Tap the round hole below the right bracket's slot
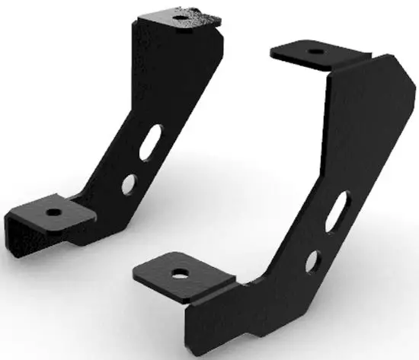point(312,262)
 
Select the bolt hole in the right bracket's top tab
point(314,53)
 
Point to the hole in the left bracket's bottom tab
point(56,211)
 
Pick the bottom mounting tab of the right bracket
point(183,274)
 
